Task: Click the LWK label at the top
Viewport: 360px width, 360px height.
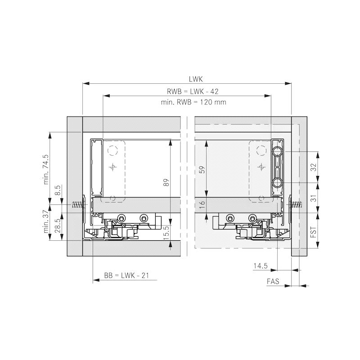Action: (196, 79)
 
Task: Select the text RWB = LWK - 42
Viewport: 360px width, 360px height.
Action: (193, 91)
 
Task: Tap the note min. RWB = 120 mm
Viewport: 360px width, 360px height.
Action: (193, 102)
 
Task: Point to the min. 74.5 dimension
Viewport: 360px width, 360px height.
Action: (46, 170)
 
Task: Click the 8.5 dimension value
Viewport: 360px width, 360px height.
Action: (58, 190)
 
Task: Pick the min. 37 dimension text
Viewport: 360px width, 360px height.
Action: (46, 221)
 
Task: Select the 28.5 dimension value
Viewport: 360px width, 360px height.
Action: (58, 226)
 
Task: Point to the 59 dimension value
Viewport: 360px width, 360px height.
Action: (202, 170)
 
